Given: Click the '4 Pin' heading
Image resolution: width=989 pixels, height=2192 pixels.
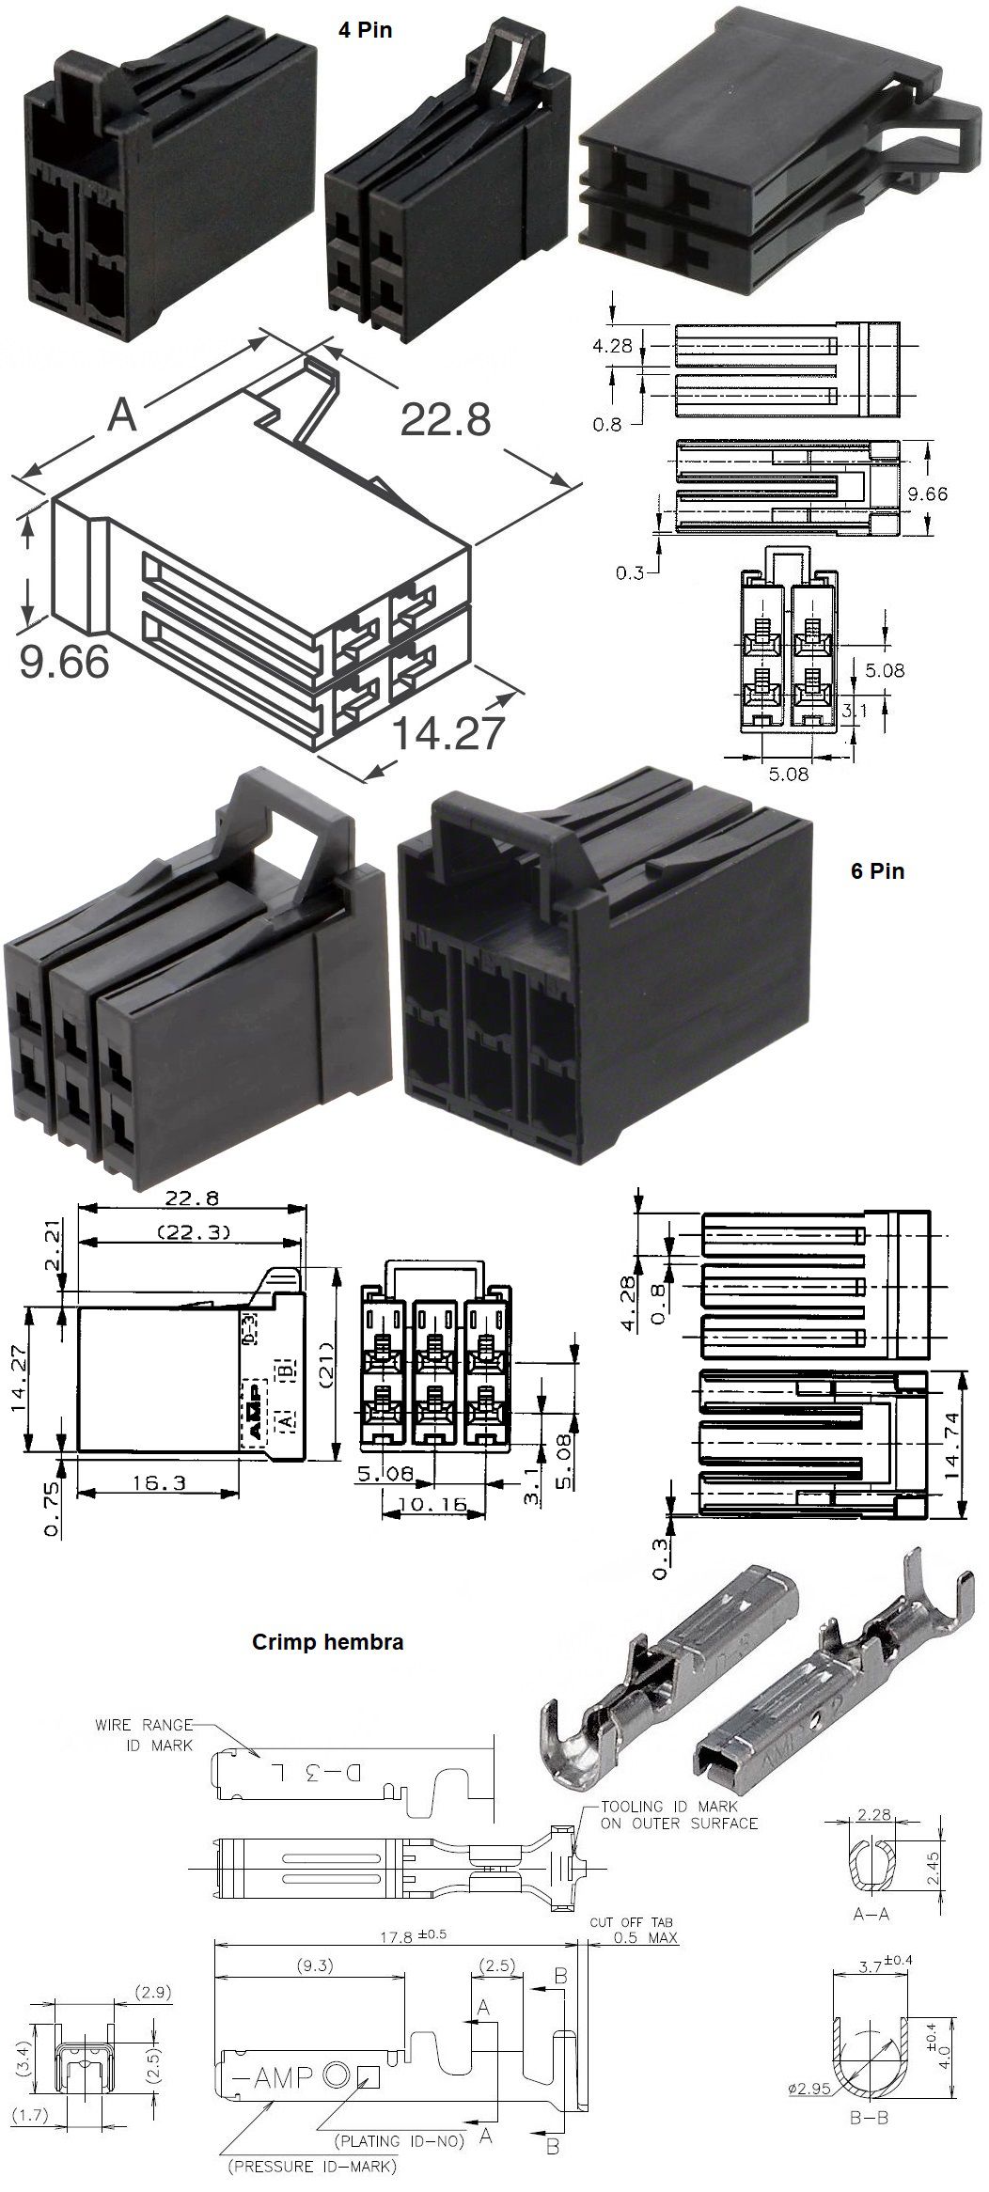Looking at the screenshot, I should pos(365,30).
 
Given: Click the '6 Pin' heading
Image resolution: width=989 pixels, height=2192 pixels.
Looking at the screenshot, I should pos(876,870).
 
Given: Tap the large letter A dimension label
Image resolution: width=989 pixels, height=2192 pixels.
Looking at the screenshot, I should pos(123,415).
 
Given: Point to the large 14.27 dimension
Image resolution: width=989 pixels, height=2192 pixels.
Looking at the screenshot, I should pos(447,733).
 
